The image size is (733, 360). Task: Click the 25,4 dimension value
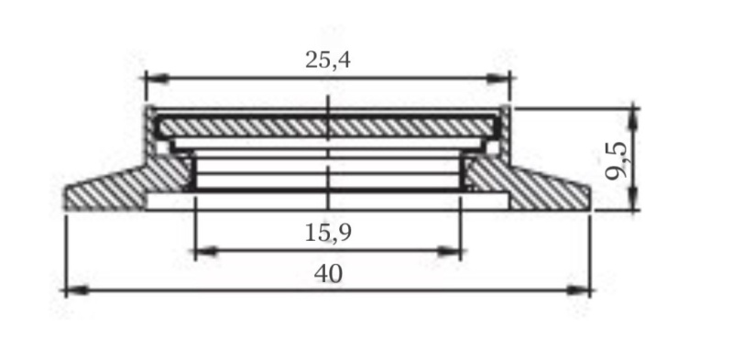[x=328, y=60]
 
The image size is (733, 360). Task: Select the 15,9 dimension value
[x=328, y=233]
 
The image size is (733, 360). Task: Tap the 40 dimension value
[x=328, y=274]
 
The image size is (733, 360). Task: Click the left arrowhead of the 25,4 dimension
[x=157, y=79]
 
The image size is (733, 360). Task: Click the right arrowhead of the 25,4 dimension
[x=498, y=79]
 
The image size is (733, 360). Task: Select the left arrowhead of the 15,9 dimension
[x=205, y=252]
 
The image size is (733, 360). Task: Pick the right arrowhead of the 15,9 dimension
[x=449, y=252]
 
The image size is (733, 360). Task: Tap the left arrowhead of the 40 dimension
[x=77, y=290]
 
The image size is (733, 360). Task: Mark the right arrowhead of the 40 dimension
[x=578, y=290]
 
